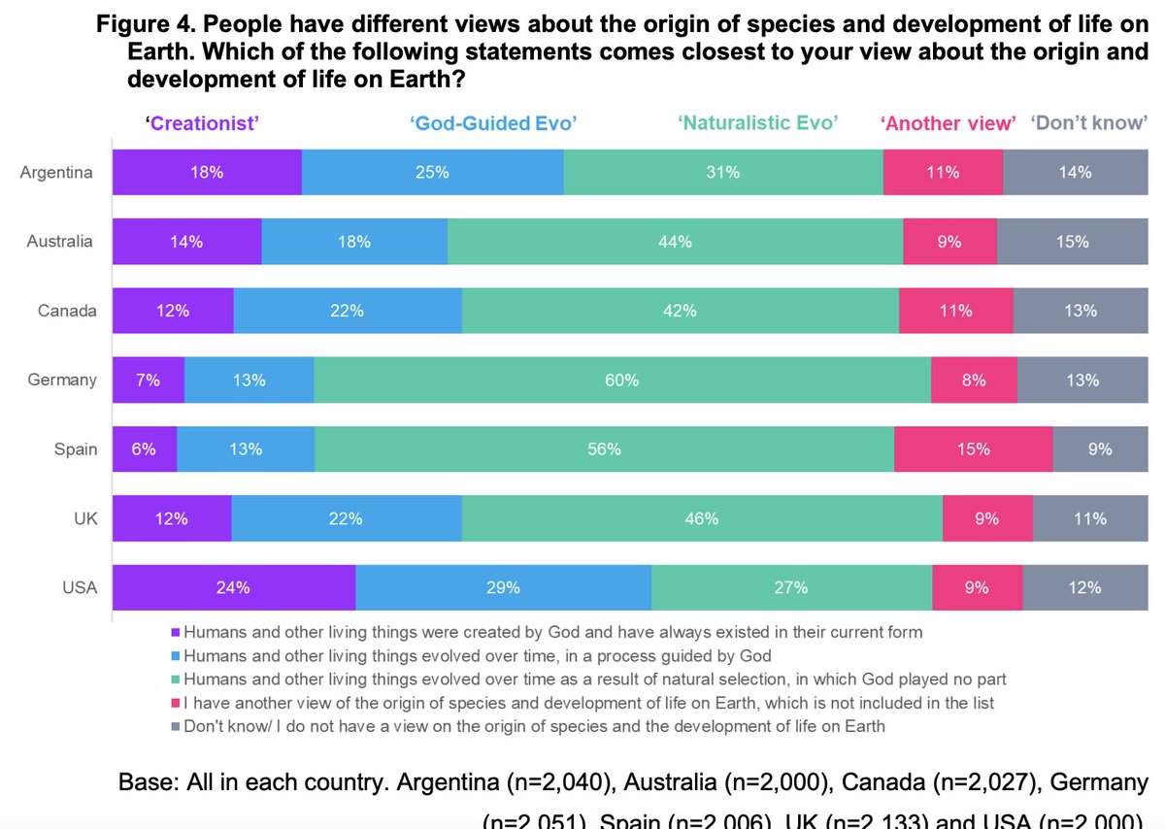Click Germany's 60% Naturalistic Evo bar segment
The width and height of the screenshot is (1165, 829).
click(x=621, y=381)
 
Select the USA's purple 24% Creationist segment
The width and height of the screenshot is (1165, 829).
click(x=234, y=587)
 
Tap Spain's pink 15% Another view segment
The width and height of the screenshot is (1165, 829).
click(x=973, y=449)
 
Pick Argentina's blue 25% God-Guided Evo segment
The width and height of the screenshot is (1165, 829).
click(x=432, y=173)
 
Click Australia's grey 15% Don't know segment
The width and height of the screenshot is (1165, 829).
click(x=1072, y=242)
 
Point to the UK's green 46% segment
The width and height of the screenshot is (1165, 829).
click(x=702, y=518)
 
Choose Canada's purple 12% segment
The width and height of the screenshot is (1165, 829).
click(x=172, y=311)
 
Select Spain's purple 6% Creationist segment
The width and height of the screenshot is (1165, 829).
click(x=144, y=449)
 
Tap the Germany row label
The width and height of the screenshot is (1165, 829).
click(x=62, y=380)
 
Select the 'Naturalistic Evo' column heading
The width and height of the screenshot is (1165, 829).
click(x=758, y=122)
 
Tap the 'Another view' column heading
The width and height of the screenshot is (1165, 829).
click(x=948, y=122)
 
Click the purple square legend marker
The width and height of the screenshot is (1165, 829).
click(x=176, y=633)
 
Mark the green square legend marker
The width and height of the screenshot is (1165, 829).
click(x=176, y=680)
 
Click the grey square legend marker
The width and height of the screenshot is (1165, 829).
click(x=176, y=726)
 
